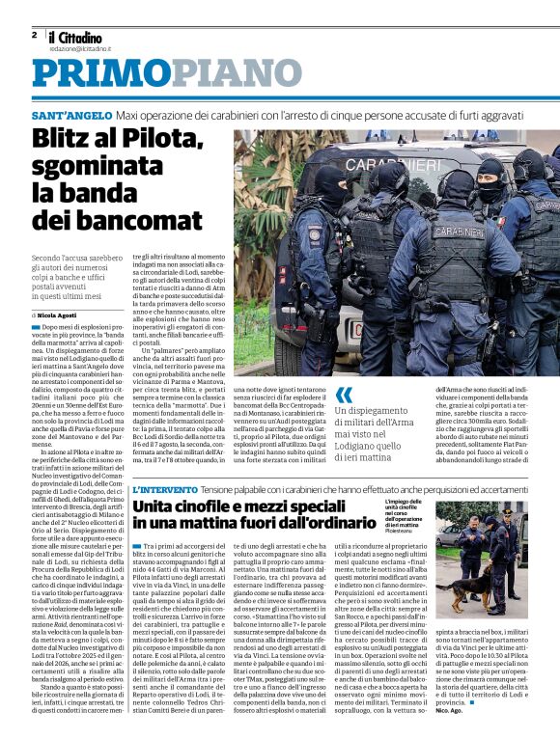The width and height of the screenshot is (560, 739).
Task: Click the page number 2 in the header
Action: tap(34, 35)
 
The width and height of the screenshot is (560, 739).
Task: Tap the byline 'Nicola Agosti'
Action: tap(61, 315)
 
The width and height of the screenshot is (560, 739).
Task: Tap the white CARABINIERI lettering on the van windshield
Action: tap(378, 165)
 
